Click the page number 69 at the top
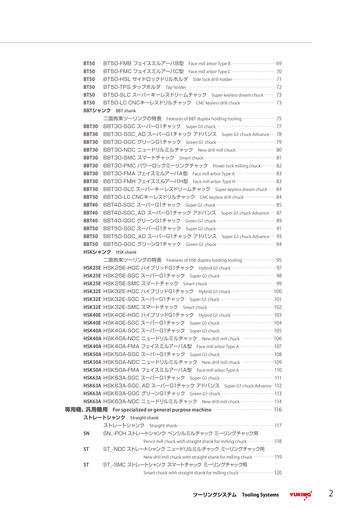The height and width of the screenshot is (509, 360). click(x=278, y=63)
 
